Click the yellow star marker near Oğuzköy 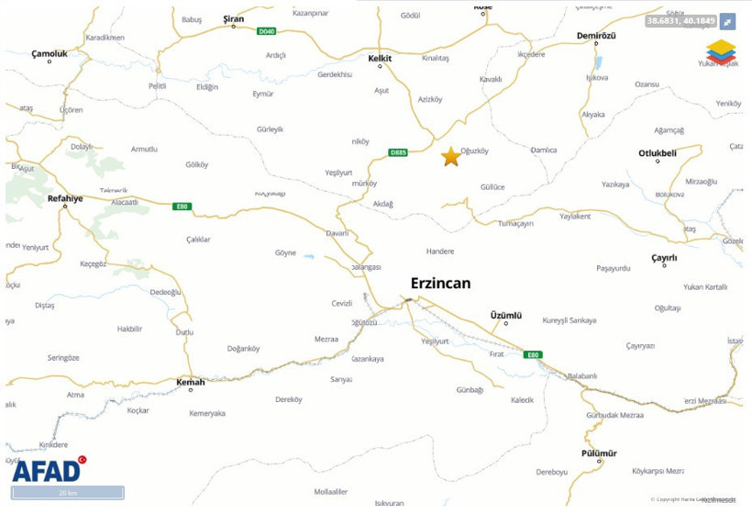click(450, 157)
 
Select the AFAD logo click(48, 470)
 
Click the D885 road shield click(398, 152)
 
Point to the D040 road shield click(266, 31)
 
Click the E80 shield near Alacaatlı click(182, 207)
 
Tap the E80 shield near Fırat click(533, 354)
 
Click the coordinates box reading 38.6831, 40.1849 click(680, 20)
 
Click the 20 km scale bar click(68, 493)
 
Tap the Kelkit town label click(380, 59)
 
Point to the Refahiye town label click(65, 198)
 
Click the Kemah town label click(190, 381)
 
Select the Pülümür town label click(599, 453)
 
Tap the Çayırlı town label click(664, 259)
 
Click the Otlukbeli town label click(658, 153)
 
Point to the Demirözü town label click(596, 34)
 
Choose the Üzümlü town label click(506, 315)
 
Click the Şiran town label click(234, 18)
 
